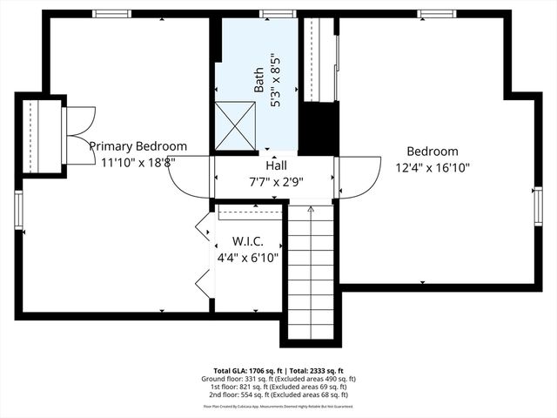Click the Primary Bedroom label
click(138, 146)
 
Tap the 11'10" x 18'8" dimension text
click(138, 162)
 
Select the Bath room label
click(259, 80)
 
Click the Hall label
click(276, 165)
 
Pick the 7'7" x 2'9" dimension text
click(274, 183)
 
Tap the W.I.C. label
click(247, 240)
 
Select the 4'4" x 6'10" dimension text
click(247, 258)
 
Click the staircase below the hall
click(310, 270)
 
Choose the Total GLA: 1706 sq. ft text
click(245, 370)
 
